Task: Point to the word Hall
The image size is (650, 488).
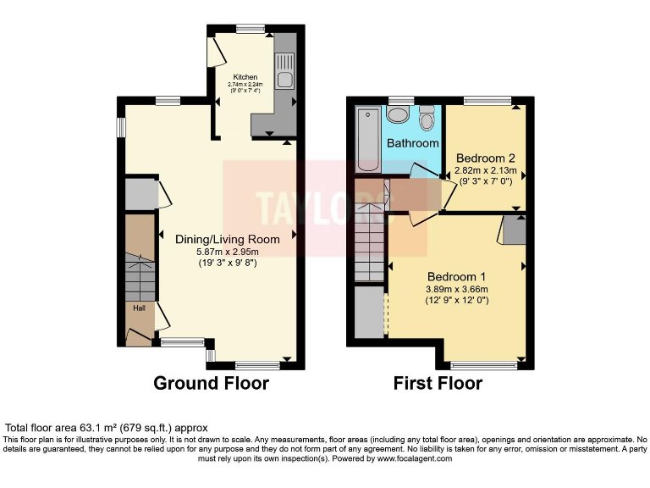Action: point(138,308)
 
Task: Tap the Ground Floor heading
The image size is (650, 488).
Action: point(211,384)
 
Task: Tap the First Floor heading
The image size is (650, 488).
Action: point(438,384)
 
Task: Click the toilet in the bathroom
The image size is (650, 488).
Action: point(427,118)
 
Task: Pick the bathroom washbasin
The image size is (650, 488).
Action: point(398,114)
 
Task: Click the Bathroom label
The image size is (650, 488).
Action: point(412,144)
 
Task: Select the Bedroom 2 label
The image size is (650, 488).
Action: point(485,158)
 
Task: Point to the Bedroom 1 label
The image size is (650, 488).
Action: point(456,277)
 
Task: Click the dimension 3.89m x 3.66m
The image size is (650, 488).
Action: point(457,289)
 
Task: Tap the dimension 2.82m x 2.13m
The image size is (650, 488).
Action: point(485,170)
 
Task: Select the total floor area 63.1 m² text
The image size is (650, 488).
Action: point(107,428)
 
